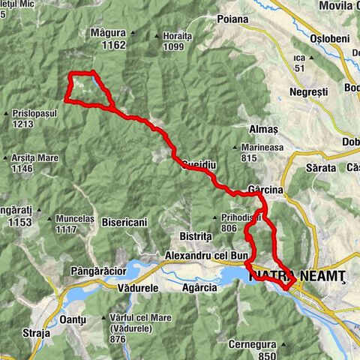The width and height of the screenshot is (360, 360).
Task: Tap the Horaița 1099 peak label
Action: (169, 40)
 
